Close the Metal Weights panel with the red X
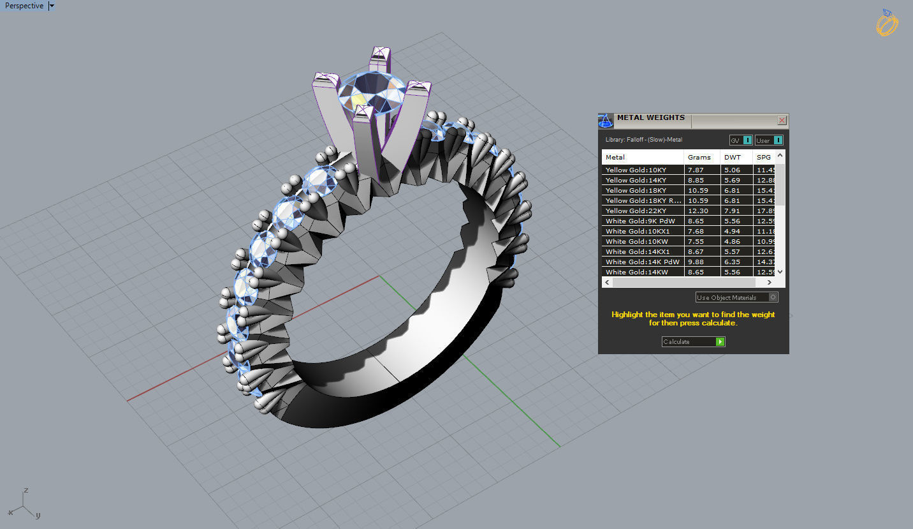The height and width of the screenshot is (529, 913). tap(782, 120)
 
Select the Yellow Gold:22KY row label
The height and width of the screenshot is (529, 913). tap(636, 211)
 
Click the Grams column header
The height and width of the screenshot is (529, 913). tap(699, 157)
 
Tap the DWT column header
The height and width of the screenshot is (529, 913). tap(733, 157)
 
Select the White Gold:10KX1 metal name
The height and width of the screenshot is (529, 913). tap(637, 231)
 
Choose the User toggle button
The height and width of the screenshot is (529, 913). tap(768, 140)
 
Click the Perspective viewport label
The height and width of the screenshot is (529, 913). tap(24, 6)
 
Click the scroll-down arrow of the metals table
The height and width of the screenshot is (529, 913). tap(781, 272)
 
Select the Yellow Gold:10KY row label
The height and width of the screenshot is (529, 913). tap(636, 170)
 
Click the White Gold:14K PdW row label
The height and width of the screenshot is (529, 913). tap(642, 262)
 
